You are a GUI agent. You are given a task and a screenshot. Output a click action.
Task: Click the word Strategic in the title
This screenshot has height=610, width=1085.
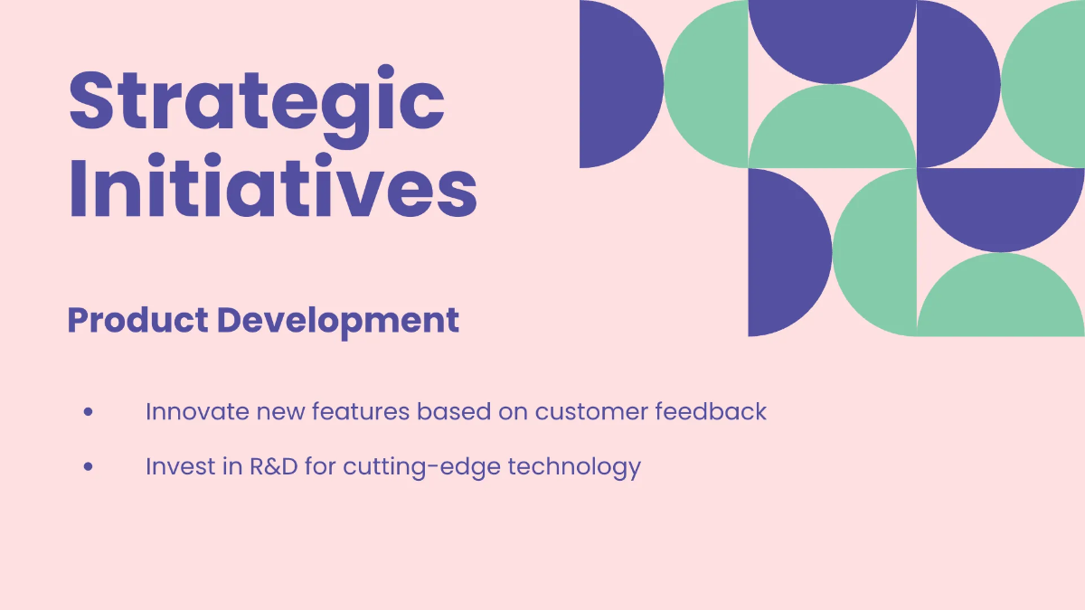(x=257, y=101)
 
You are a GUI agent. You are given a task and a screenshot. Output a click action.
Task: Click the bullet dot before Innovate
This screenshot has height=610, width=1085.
(x=89, y=412)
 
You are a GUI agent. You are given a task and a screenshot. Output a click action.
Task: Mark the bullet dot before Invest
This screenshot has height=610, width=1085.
(x=89, y=467)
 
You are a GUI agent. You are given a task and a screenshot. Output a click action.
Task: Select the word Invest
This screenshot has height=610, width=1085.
(x=184, y=467)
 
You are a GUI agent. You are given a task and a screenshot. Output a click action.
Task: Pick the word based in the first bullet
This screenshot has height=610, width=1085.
(x=448, y=412)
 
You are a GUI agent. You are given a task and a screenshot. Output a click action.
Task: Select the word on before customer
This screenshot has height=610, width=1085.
(x=512, y=412)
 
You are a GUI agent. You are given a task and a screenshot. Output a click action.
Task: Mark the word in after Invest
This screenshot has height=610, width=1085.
(x=233, y=467)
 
